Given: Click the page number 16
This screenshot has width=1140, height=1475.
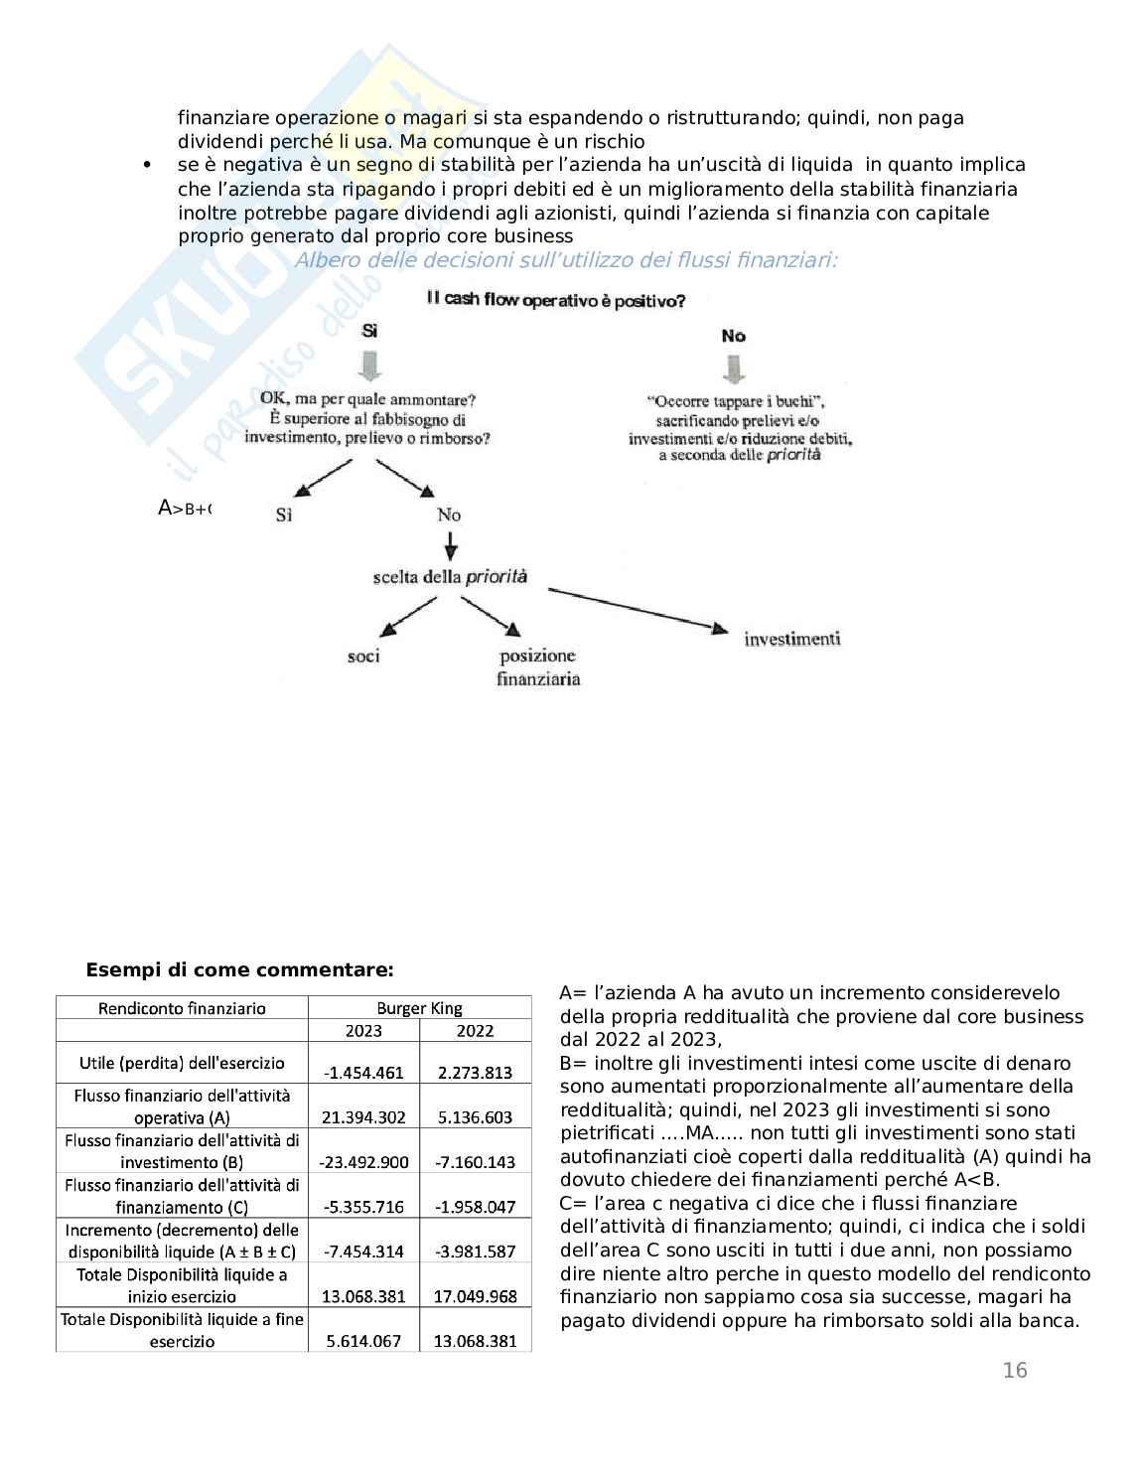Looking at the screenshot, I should pos(1015,1371).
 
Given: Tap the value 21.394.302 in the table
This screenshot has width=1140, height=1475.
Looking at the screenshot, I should pos(363,1117).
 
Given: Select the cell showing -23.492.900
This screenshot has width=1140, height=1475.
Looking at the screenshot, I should pos(363,1162).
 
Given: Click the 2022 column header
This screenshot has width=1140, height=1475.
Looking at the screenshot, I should pos(475,1031).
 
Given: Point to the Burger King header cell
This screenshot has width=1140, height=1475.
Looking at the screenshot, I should pos(419,1008).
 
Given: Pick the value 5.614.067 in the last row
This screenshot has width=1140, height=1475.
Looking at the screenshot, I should pos(363,1341).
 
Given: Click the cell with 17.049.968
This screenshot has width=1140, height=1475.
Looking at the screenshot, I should pos(475,1296).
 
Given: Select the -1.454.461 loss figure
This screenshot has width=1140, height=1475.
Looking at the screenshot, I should pos(363,1073).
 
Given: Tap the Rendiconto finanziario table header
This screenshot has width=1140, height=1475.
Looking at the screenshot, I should pos(182,1008).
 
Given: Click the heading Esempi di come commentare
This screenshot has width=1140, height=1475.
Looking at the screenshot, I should pos(239,970).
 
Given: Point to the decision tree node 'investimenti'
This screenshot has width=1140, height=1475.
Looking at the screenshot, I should pos(791,639).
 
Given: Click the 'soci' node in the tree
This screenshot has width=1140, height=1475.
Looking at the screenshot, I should pos(363,657).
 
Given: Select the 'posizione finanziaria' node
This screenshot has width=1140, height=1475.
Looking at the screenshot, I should pos(537,667).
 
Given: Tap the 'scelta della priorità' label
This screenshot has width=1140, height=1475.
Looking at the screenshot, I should pos(450,577).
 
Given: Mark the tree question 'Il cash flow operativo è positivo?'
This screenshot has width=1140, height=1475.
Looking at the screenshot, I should pos(555,300).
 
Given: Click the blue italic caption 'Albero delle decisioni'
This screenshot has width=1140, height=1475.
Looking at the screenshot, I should pos(566,260).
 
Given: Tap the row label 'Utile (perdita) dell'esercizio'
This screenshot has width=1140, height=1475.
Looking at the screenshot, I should pos(182,1063).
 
